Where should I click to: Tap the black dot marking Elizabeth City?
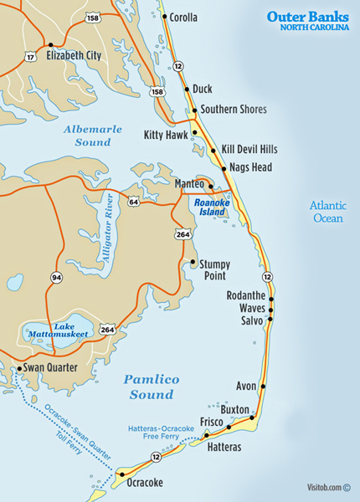pos(51,44)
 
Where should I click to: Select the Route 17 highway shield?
pos(31,57)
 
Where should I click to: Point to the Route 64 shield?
pos(134,202)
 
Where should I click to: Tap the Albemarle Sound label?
pos(93,136)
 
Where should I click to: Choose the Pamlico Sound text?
pos(152,387)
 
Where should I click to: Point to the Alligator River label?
pos(105,229)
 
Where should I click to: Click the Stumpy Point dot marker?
pos(193,262)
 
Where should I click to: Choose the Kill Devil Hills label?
pos(249,150)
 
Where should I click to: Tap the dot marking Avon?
pos(264,387)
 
